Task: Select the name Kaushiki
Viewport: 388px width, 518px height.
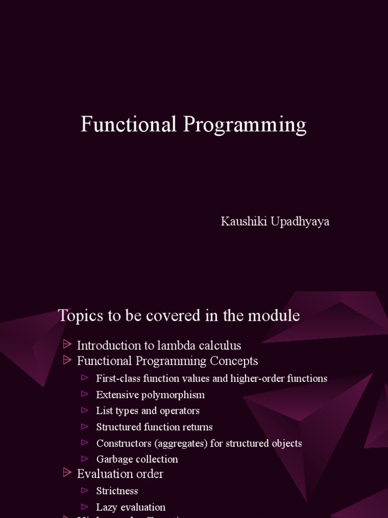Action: click(240, 222)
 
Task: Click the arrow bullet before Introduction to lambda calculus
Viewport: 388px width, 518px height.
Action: click(67, 344)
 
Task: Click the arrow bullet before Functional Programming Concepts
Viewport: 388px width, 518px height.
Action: click(67, 360)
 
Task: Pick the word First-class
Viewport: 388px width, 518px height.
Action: click(118, 378)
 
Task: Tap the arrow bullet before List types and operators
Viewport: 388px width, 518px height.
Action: click(85, 410)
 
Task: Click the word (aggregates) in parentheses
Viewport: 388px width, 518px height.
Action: click(175, 443)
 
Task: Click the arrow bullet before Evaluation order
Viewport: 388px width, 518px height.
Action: click(67, 472)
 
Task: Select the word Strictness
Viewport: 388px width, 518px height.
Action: click(117, 491)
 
